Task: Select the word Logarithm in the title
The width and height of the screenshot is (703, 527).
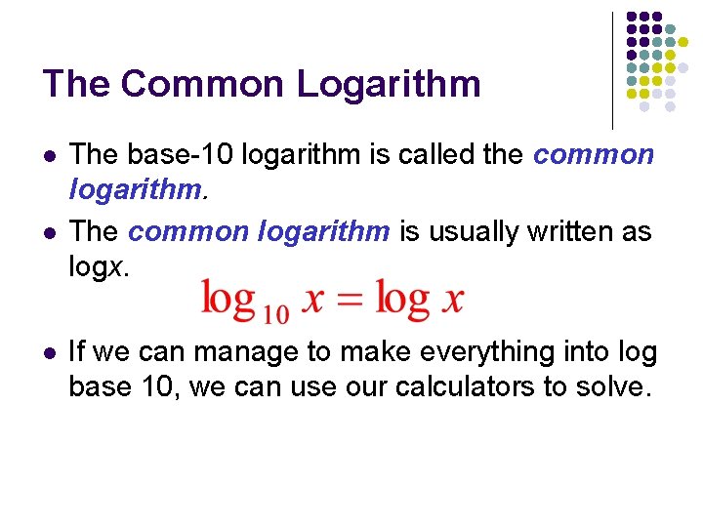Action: (389, 85)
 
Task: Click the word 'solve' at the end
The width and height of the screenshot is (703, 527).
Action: (613, 386)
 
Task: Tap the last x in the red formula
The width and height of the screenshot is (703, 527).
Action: (452, 301)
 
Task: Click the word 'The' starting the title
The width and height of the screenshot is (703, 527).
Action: (74, 84)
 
